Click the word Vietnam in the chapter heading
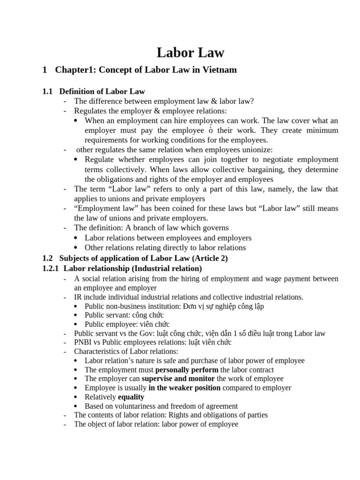[218, 70]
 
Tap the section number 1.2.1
[51, 269]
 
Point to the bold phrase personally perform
[183, 369]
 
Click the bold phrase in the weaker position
[184, 388]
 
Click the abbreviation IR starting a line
[78, 297]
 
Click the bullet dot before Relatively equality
[77, 397]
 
